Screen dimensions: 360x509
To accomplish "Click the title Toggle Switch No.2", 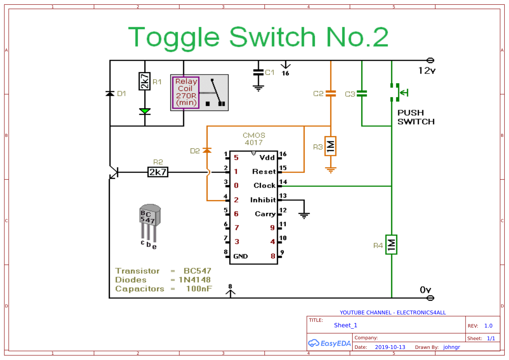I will click(x=258, y=37).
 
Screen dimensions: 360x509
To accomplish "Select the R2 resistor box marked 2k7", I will click(x=158, y=172).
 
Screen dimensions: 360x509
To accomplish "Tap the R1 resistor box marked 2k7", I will click(x=145, y=81).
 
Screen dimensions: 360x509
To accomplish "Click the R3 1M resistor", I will click(x=331, y=146).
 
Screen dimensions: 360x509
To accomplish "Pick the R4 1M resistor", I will click(x=391, y=245).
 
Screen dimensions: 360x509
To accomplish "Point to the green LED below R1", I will click(x=145, y=111).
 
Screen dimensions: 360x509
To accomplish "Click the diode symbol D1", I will click(x=110, y=94).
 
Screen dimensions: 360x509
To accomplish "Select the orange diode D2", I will click(x=207, y=150).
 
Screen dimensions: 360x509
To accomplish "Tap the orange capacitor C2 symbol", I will click(x=331, y=93).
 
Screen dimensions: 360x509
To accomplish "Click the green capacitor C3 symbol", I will click(x=362, y=94).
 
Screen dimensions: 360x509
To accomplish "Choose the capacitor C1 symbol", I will click(x=259, y=72).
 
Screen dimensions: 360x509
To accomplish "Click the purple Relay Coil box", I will click(x=186, y=93).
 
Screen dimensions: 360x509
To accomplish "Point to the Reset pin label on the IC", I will click(x=264, y=172).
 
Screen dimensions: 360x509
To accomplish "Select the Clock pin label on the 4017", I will click(x=264, y=185).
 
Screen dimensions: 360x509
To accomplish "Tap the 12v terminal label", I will click(x=426, y=71).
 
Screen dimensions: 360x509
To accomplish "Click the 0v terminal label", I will click(x=425, y=290).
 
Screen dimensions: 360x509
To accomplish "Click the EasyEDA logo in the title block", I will click(x=329, y=343).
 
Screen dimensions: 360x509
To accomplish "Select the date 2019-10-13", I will click(x=390, y=347).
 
